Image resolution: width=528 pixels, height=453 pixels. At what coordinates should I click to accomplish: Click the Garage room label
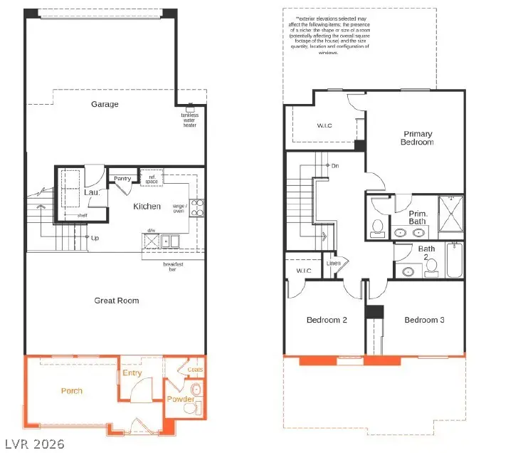point(105,104)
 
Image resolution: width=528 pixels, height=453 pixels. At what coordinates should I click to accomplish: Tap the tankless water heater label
point(190,119)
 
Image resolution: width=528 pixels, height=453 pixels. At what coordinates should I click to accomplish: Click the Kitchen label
point(147,207)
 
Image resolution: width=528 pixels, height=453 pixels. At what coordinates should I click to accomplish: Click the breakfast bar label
point(173,267)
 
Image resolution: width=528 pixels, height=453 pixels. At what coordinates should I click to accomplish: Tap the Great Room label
point(117,301)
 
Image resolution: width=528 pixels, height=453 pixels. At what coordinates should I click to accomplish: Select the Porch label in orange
point(71,391)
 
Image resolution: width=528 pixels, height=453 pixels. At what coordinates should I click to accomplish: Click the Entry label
point(132,373)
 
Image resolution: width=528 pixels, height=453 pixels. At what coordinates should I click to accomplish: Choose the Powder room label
point(180,400)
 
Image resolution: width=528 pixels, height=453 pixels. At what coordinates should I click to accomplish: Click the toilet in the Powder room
point(196,390)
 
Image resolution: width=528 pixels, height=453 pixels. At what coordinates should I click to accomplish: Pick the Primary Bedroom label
point(418,138)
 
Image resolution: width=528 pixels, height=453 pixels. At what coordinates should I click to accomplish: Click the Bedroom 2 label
point(327,320)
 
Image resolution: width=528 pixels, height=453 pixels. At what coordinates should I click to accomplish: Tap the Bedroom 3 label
point(424,320)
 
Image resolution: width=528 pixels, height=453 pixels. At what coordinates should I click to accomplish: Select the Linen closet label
point(333,264)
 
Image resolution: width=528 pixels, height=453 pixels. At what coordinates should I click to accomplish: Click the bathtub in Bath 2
point(455,260)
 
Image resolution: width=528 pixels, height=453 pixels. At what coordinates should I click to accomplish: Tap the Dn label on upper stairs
point(335,166)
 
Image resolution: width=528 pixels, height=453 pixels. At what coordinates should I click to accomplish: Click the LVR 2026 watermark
point(33,443)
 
